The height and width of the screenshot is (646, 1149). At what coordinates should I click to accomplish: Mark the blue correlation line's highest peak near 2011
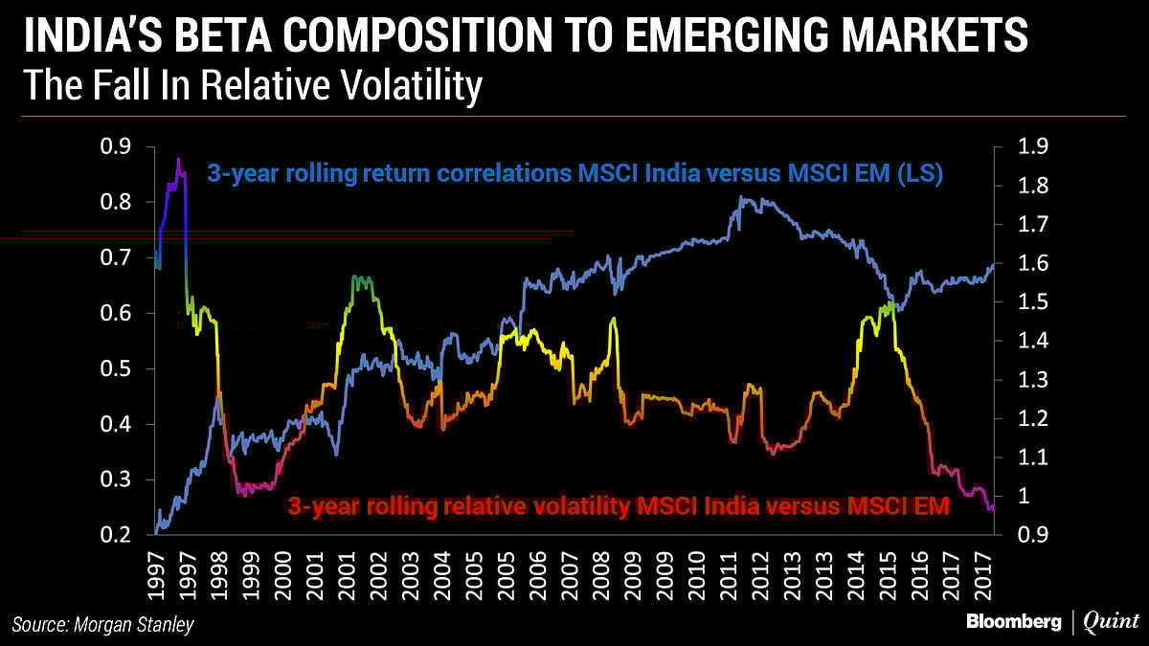(x=742, y=198)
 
